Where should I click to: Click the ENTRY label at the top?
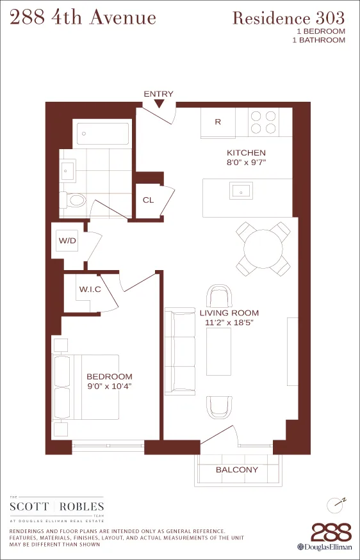tap(158, 94)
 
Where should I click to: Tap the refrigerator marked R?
tap(217, 122)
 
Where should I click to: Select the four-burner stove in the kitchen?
tap(263, 122)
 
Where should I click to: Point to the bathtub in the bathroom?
tap(103, 134)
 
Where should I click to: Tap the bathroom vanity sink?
tap(67, 170)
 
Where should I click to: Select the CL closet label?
tap(148, 200)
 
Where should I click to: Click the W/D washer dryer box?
tap(68, 241)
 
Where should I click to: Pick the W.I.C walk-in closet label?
tap(90, 290)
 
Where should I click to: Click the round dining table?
tap(263, 248)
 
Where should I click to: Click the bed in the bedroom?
tap(86, 387)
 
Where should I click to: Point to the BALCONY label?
tap(237, 470)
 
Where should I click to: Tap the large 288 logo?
tap(331, 532)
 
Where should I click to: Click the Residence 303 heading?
tap(288, 18)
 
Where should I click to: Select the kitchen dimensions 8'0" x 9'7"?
tap(246, 163)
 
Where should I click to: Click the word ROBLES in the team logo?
tap(82, 508)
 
